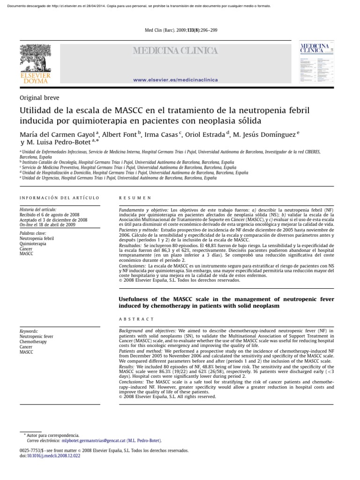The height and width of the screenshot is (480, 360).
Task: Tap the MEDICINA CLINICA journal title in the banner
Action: pyautogui.click(x=176, y=51)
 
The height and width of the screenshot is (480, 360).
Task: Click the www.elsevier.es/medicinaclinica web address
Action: pyautogui.click(x=175, y=80)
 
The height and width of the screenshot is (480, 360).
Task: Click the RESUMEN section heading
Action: pyautogui.click(x=135, y=198)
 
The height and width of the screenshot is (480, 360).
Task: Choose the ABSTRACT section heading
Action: pyautogui.click(x=137, y=319)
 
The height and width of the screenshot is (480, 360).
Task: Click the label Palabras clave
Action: pyautogui.click(x=33, y=233)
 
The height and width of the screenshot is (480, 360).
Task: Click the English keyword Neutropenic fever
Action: pyautogui.click(x=37, y=337)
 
